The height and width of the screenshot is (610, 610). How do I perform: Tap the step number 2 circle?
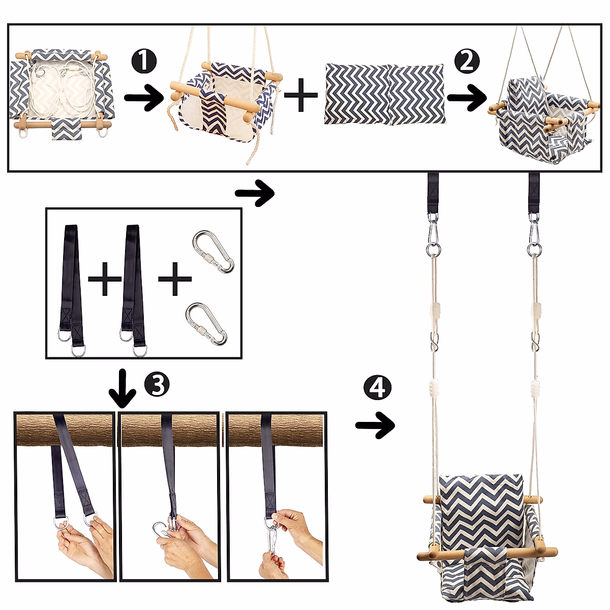point(467,61)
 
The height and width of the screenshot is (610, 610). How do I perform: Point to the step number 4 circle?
point(377,387)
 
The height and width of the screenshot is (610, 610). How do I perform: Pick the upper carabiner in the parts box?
point(212,251)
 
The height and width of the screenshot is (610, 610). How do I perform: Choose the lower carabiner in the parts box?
point(206,323)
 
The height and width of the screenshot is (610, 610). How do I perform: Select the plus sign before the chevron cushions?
point(300,95)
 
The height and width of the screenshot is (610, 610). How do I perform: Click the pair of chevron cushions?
point(385,94)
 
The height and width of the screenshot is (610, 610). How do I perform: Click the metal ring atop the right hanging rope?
point(534,250)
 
